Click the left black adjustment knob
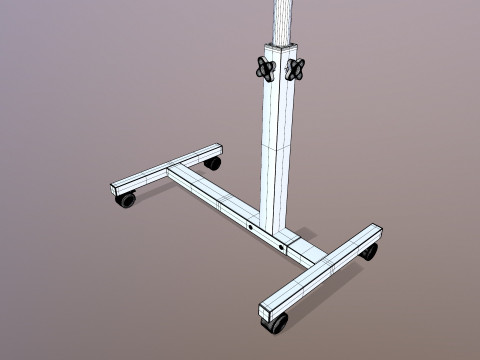point(265,68)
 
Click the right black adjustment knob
point(295,68)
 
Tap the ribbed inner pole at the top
point(285,20)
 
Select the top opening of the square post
point(283,46)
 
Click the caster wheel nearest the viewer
point(277,323)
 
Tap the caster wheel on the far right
point(369,250)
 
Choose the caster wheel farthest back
point(212,161)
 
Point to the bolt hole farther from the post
point(248,229)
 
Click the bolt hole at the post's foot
point(282,246)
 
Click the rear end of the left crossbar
point(212,148)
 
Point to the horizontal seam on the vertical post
point(279,146)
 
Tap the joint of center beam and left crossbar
point(177,172)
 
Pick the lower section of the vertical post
point(277,185)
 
